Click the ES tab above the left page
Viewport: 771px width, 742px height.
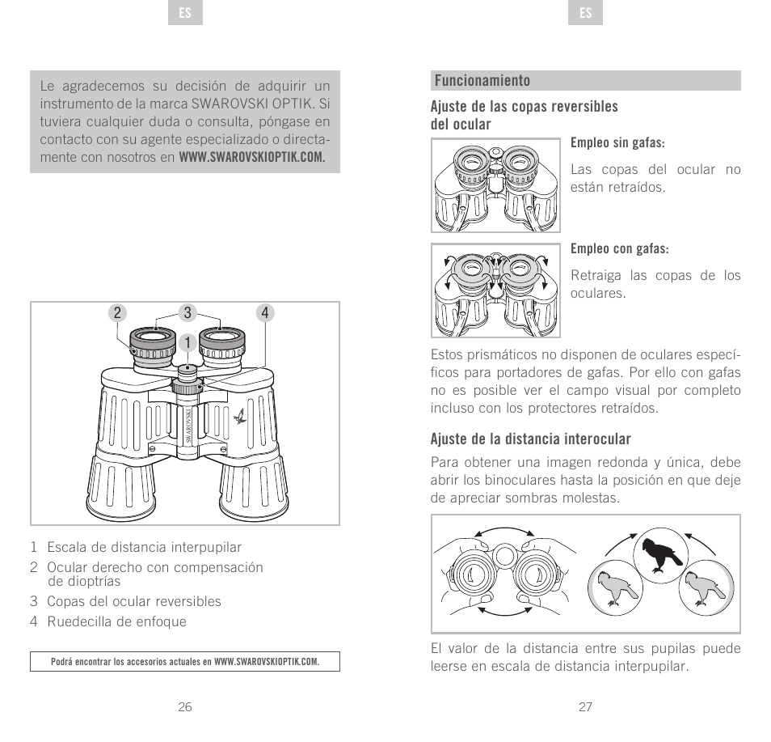click(x=185, y=14)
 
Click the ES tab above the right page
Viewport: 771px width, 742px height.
click(x=586, y=14)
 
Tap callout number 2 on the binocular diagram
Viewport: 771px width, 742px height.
click(x=118, y=313)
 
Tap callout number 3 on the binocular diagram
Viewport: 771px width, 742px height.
click(x=187, y=313)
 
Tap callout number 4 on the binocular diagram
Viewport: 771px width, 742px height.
click(x=263, y=313)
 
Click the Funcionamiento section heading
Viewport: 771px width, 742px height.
click(x=482, y=81)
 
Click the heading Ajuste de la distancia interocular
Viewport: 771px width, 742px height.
click(x=530, y=439)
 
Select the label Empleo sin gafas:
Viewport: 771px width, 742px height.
click(x=617, y=143)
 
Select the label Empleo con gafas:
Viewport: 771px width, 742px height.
click(x=620, y=248)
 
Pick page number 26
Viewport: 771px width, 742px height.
click(x=185, y=706)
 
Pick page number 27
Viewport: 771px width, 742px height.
click(x=586, y=706)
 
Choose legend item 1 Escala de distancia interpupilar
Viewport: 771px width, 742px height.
click(x=136, y=548)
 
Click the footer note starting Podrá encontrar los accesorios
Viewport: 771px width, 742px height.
click(x=185, y=662)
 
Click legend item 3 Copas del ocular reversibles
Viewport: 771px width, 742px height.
click(x=125, y=601)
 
